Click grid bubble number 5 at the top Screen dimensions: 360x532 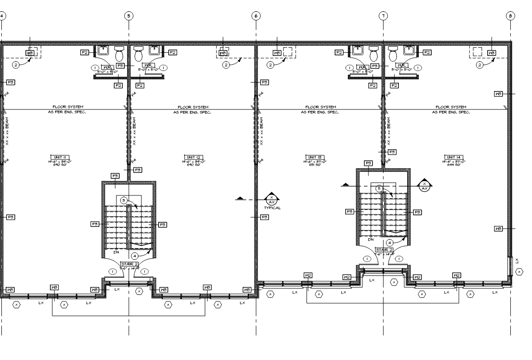pos(128,15)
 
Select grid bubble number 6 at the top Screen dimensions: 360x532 pos(256,15)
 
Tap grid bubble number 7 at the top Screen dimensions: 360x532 pos(383,15)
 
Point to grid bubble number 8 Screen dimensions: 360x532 pos(510,15)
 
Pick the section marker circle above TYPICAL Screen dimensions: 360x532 pos(272,199)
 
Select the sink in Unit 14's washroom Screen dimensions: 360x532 pos(409,50)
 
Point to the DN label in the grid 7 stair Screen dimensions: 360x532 pos(370,240)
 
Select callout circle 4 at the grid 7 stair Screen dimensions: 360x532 pos(390,242)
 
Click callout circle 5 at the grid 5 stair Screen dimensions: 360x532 pos(123,200)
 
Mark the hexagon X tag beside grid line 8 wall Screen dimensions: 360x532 pos(519,272)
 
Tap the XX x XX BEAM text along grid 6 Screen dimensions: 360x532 pos(261,132)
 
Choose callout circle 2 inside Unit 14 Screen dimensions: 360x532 pos(480,65)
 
